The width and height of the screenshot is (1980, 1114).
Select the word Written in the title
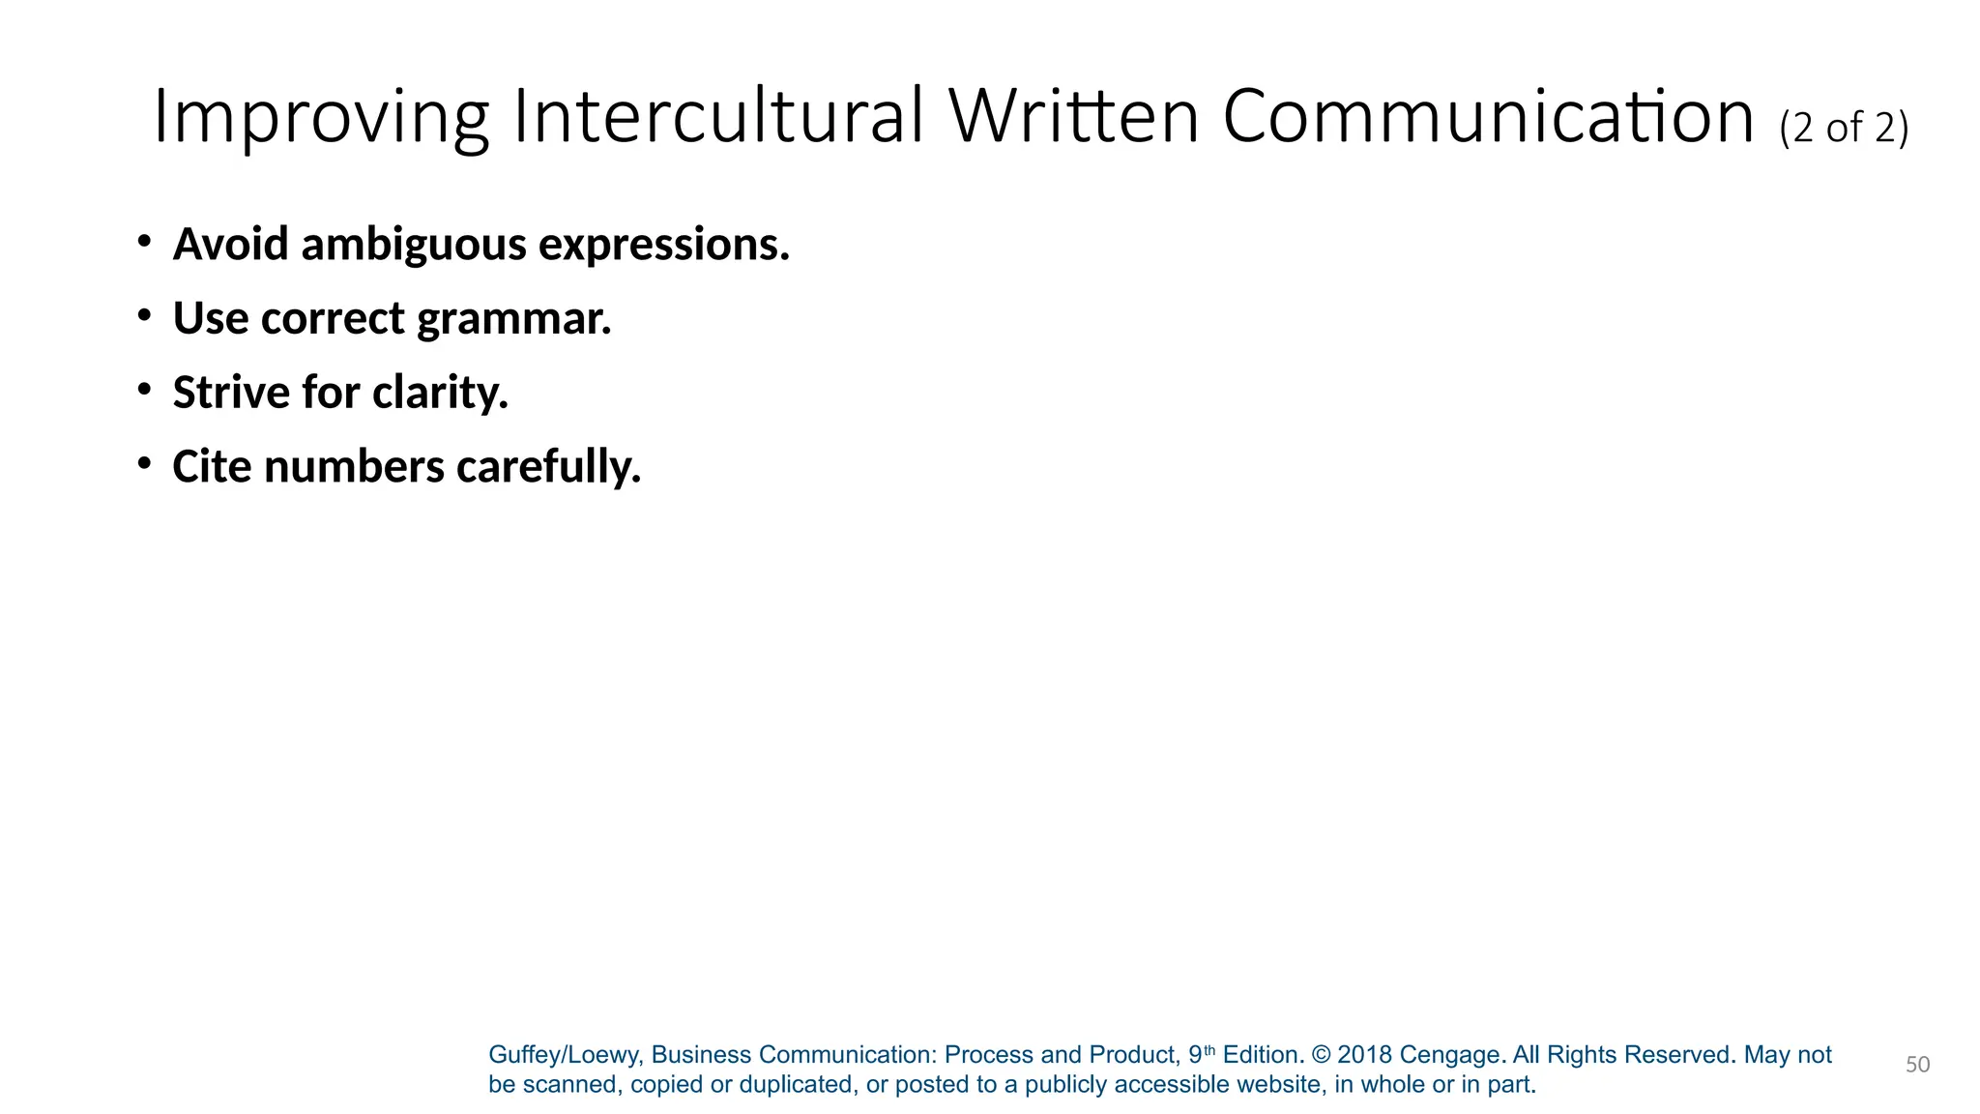pos(1073,116)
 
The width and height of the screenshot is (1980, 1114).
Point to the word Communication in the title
pos(1488,116)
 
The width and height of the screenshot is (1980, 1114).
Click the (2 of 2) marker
pos(1844,128)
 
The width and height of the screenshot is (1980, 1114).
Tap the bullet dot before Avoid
pos(144,240)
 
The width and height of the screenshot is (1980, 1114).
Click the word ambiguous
pos(413,244)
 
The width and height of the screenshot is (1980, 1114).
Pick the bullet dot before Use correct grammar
pos(144,314)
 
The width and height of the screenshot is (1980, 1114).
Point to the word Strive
pos(231,392)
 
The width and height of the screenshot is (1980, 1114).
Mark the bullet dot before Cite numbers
pos(144,463)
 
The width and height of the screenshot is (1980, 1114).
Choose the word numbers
pos(354,466)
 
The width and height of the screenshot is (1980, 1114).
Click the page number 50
pos(1917,1065)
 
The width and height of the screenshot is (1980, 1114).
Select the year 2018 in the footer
pos(1364,1055)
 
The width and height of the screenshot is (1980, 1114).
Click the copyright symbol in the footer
pos(1320,1055)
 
